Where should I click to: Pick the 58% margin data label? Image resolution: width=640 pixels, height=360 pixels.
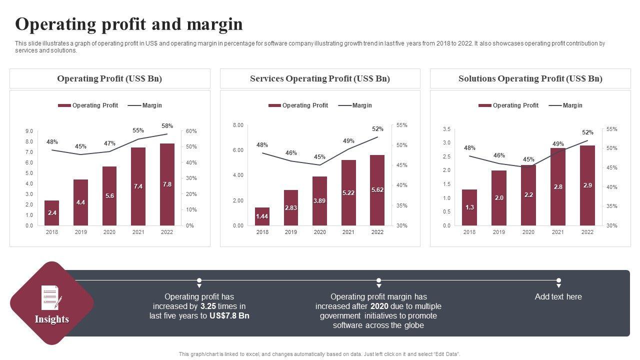click(x=167, y=126)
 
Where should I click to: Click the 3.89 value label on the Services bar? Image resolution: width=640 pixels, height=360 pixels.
click(x=319, y=200)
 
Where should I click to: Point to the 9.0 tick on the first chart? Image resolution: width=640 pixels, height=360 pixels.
click(x=29, y=131)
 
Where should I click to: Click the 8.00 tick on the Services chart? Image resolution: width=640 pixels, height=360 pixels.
click(x=238, y=125)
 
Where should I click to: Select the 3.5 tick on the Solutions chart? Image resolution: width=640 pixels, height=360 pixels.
click(x=446, y=129)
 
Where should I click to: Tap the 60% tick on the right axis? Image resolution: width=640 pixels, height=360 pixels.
click(x=191, y=131)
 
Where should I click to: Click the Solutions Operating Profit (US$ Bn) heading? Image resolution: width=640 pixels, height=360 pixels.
click(x=530, y=78)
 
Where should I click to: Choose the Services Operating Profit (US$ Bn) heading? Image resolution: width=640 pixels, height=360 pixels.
click(x=320, y=78)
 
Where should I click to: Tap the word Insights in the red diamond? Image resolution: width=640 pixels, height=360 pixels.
click(x=52, y=319)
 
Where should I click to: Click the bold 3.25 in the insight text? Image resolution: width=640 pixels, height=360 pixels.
click(x=207, y=306)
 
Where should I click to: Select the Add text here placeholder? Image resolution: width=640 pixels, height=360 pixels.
click(x=558, y=296)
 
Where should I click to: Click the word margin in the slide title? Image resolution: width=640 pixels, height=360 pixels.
click(x=216, y=24)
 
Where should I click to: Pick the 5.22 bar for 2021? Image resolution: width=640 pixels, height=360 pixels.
click(x=348, y=192)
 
